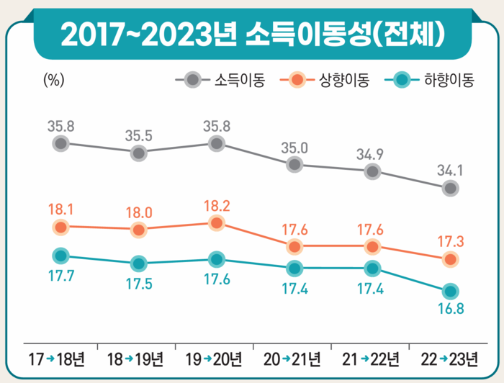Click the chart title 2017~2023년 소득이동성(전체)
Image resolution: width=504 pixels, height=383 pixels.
[x=252, y=33]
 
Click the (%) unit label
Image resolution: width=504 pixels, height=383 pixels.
[x=54, y=80]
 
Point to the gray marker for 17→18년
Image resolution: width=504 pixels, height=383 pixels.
[x=61, y=143]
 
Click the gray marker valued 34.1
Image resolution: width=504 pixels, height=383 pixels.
[x=451, y=188]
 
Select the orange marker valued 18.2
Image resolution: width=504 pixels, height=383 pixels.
[x=217, y=223]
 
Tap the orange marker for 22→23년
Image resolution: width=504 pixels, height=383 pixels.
[x=451, y=258]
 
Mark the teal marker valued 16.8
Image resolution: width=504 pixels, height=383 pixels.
[x=451, y=292]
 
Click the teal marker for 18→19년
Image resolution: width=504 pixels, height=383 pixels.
[x=138, y=263]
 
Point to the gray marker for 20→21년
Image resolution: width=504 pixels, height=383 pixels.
[x=294, y=165]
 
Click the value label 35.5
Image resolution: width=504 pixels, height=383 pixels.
[x=138, y=135]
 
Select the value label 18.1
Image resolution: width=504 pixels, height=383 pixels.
[x=61, y=210]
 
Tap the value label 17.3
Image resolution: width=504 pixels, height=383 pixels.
[x=451, y=241]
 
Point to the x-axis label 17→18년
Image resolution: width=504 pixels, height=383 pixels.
[x=58, y=358]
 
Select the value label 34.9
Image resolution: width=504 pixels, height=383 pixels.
[x=372, y=154]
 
